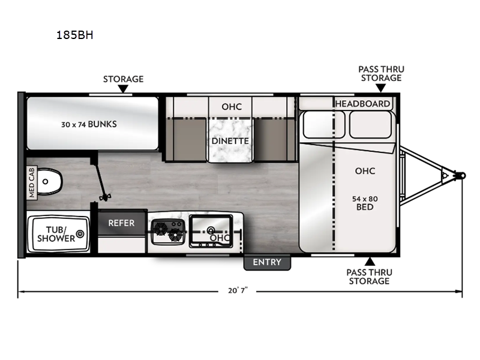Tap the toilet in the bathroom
point(49,179)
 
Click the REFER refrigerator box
point(121,223)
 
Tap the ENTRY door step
point(266,262)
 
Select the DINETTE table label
point(230,141)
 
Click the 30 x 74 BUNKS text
point(88,124)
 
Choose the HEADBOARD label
point(362,103)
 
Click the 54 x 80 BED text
point(364,202)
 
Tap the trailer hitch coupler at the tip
point(460,176)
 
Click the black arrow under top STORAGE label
point(123,89)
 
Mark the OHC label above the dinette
point(231,107)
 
